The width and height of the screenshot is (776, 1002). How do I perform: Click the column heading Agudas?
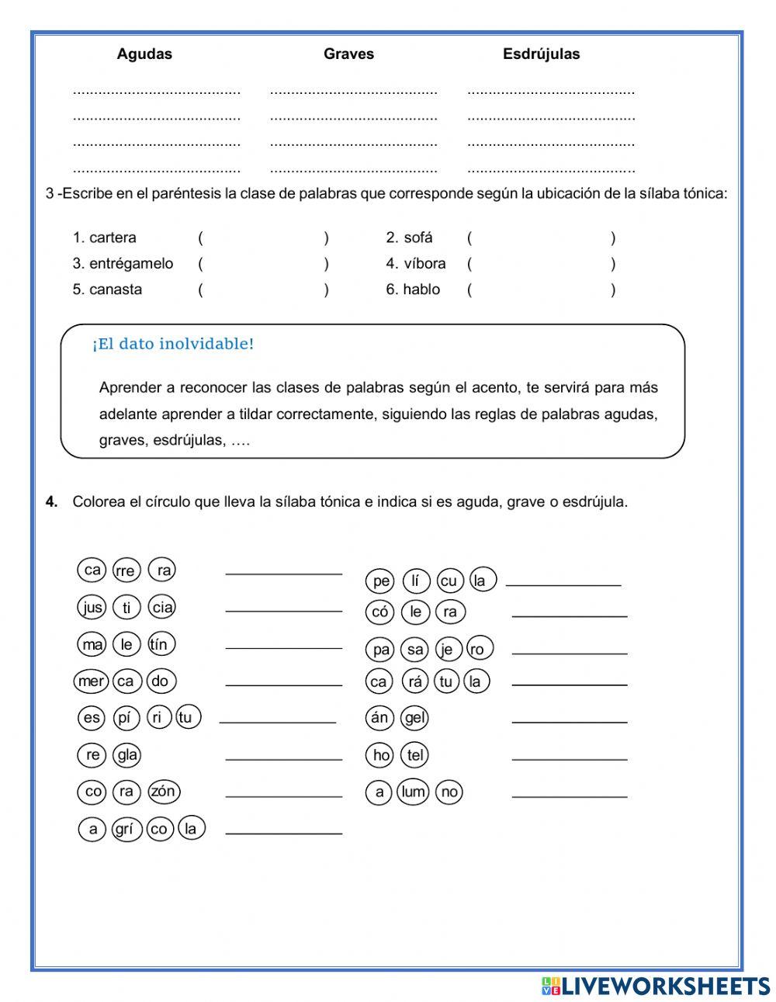coord(144,54)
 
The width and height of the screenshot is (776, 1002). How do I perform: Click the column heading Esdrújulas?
coord(541,54)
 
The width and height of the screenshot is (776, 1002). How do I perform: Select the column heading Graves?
coord(348,54)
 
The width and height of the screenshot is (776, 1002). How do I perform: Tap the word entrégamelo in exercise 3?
coord(131,264)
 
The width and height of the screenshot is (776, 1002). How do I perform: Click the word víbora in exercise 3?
coord(424,264)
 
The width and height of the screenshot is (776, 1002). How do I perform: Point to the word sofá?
coord(418,237)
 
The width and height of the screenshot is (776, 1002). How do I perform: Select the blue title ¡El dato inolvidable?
coord(173,344)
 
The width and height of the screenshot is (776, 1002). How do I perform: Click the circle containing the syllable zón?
coord(163,791)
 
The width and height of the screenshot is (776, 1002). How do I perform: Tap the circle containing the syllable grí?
coord(124,828)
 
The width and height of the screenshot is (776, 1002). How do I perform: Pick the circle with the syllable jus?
coord(92,607)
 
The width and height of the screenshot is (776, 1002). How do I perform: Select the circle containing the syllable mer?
coord(92,681)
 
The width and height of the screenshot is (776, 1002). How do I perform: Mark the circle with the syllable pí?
coord(124,717)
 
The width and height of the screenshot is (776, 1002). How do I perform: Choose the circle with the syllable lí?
coord(417,581)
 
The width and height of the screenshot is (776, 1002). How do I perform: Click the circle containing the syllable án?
coord(379,718)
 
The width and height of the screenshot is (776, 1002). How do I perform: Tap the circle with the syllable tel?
coord(416,754)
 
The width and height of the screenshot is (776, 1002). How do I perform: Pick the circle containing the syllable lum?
coord(414,791)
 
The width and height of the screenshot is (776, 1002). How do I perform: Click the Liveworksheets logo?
coord(656,986)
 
